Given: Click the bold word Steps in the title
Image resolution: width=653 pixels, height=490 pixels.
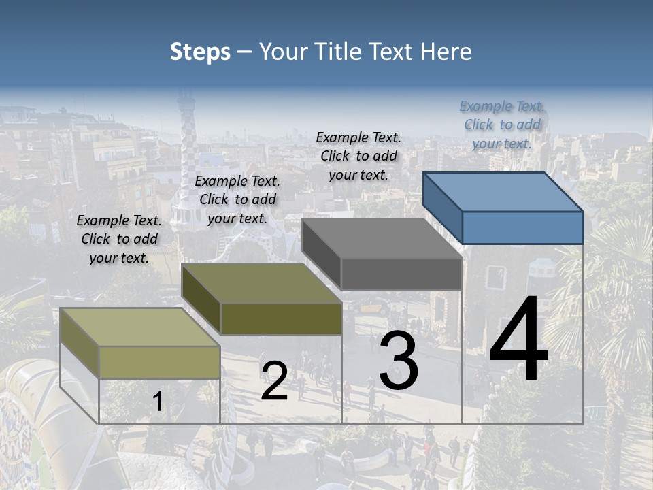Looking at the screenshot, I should [x=200, y=52].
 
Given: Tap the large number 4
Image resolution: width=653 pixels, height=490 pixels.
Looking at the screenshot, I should [x=518, y=340].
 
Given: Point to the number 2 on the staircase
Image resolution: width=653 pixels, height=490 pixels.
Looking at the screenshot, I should [x=274, y=381].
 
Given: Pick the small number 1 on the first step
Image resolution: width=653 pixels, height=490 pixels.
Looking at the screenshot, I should [x=157, y=402].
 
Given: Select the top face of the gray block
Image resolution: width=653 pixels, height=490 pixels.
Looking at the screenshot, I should [x=381, y=238].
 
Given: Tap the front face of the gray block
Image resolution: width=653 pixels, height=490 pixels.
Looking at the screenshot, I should [x=401, y=274].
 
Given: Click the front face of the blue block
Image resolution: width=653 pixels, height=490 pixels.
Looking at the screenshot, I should [x=522, y=227].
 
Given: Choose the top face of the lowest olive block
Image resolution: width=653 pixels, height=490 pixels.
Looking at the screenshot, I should [x=139, y=327].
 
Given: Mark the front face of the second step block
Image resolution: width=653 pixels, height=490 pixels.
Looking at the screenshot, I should [x=281, y=318].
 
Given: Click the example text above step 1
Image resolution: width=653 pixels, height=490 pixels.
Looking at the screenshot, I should [x=119, y=239].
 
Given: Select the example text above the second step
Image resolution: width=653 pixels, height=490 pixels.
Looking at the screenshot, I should [x=237, y=199].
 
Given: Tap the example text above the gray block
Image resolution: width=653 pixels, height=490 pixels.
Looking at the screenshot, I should [x=358, y=156].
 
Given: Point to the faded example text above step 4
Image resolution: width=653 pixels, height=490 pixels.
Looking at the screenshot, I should [x=502, y=125].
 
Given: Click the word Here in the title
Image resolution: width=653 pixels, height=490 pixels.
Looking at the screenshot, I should [x=446, y=52].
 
